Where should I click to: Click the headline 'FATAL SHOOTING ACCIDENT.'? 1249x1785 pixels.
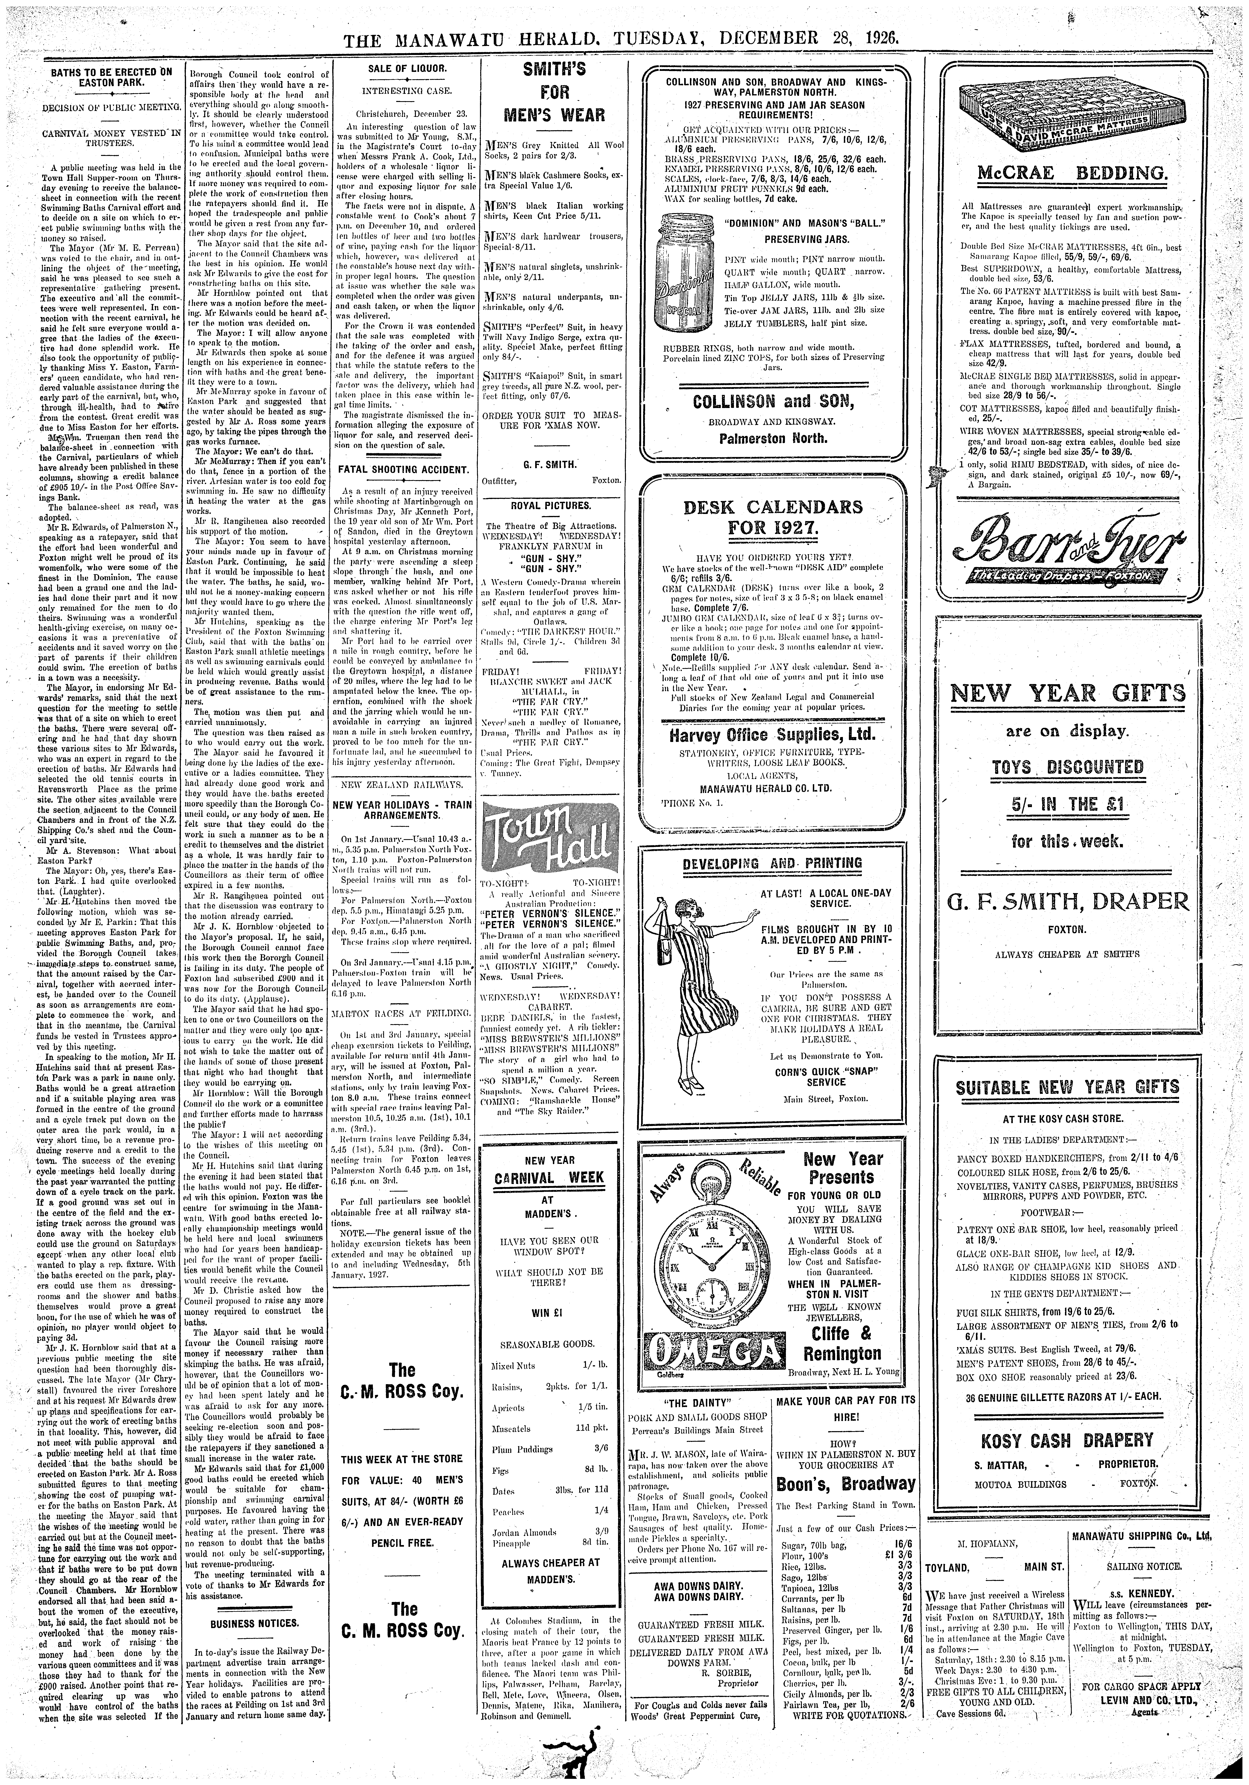(x=402, y=470)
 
